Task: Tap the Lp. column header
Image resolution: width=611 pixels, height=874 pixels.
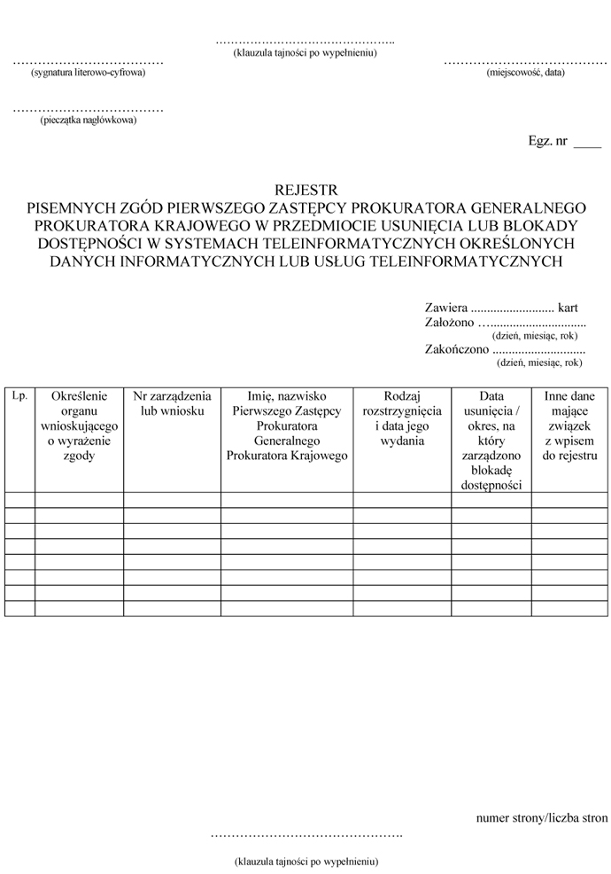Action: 19,396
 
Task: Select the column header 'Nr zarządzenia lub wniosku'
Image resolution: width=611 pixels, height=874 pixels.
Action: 172,404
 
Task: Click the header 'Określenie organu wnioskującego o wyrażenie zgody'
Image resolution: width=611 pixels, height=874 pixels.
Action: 79,426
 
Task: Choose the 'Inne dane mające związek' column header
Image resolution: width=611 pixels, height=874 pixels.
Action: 570,426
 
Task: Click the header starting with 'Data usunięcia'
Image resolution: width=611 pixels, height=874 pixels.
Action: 491,441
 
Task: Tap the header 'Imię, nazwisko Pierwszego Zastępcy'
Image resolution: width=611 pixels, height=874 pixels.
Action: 287,426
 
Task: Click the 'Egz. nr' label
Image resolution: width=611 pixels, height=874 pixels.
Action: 547,141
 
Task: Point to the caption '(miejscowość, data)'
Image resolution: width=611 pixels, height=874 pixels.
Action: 525,73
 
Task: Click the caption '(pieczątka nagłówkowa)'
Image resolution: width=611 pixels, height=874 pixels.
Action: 88,120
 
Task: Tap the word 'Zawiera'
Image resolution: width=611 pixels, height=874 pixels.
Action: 446,307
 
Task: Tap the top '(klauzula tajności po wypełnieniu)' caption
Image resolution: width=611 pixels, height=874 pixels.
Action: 305,52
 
